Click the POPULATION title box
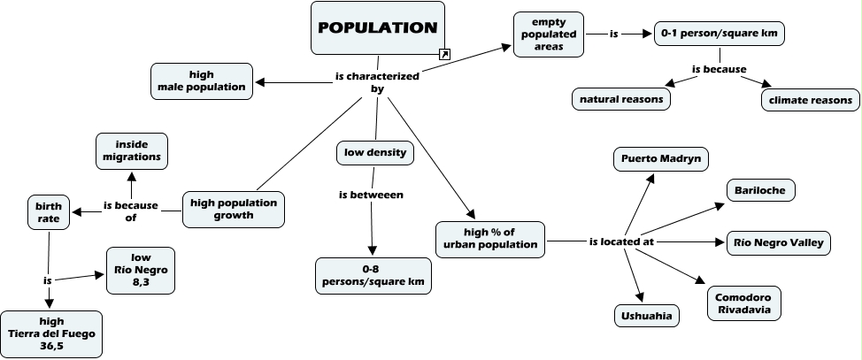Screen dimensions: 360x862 [378, 27]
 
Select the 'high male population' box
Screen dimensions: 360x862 [201, 80]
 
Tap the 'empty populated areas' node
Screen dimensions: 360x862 [549, 34]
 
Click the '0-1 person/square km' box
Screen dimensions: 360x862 [719, 34]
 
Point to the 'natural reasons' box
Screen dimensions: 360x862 [620, 99]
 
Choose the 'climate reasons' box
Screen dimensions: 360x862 [810, 100]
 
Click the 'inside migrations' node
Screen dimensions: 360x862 [131, 150]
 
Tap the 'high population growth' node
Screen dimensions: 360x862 [234, 209]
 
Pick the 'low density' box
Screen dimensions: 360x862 [374, 153]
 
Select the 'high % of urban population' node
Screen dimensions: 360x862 [489, 237]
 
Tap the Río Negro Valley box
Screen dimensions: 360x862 [777, 242]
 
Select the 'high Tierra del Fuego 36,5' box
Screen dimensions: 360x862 [50, 333]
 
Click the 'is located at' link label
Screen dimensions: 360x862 [623, 241]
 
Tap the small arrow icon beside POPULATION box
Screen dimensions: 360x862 [444, 54]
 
